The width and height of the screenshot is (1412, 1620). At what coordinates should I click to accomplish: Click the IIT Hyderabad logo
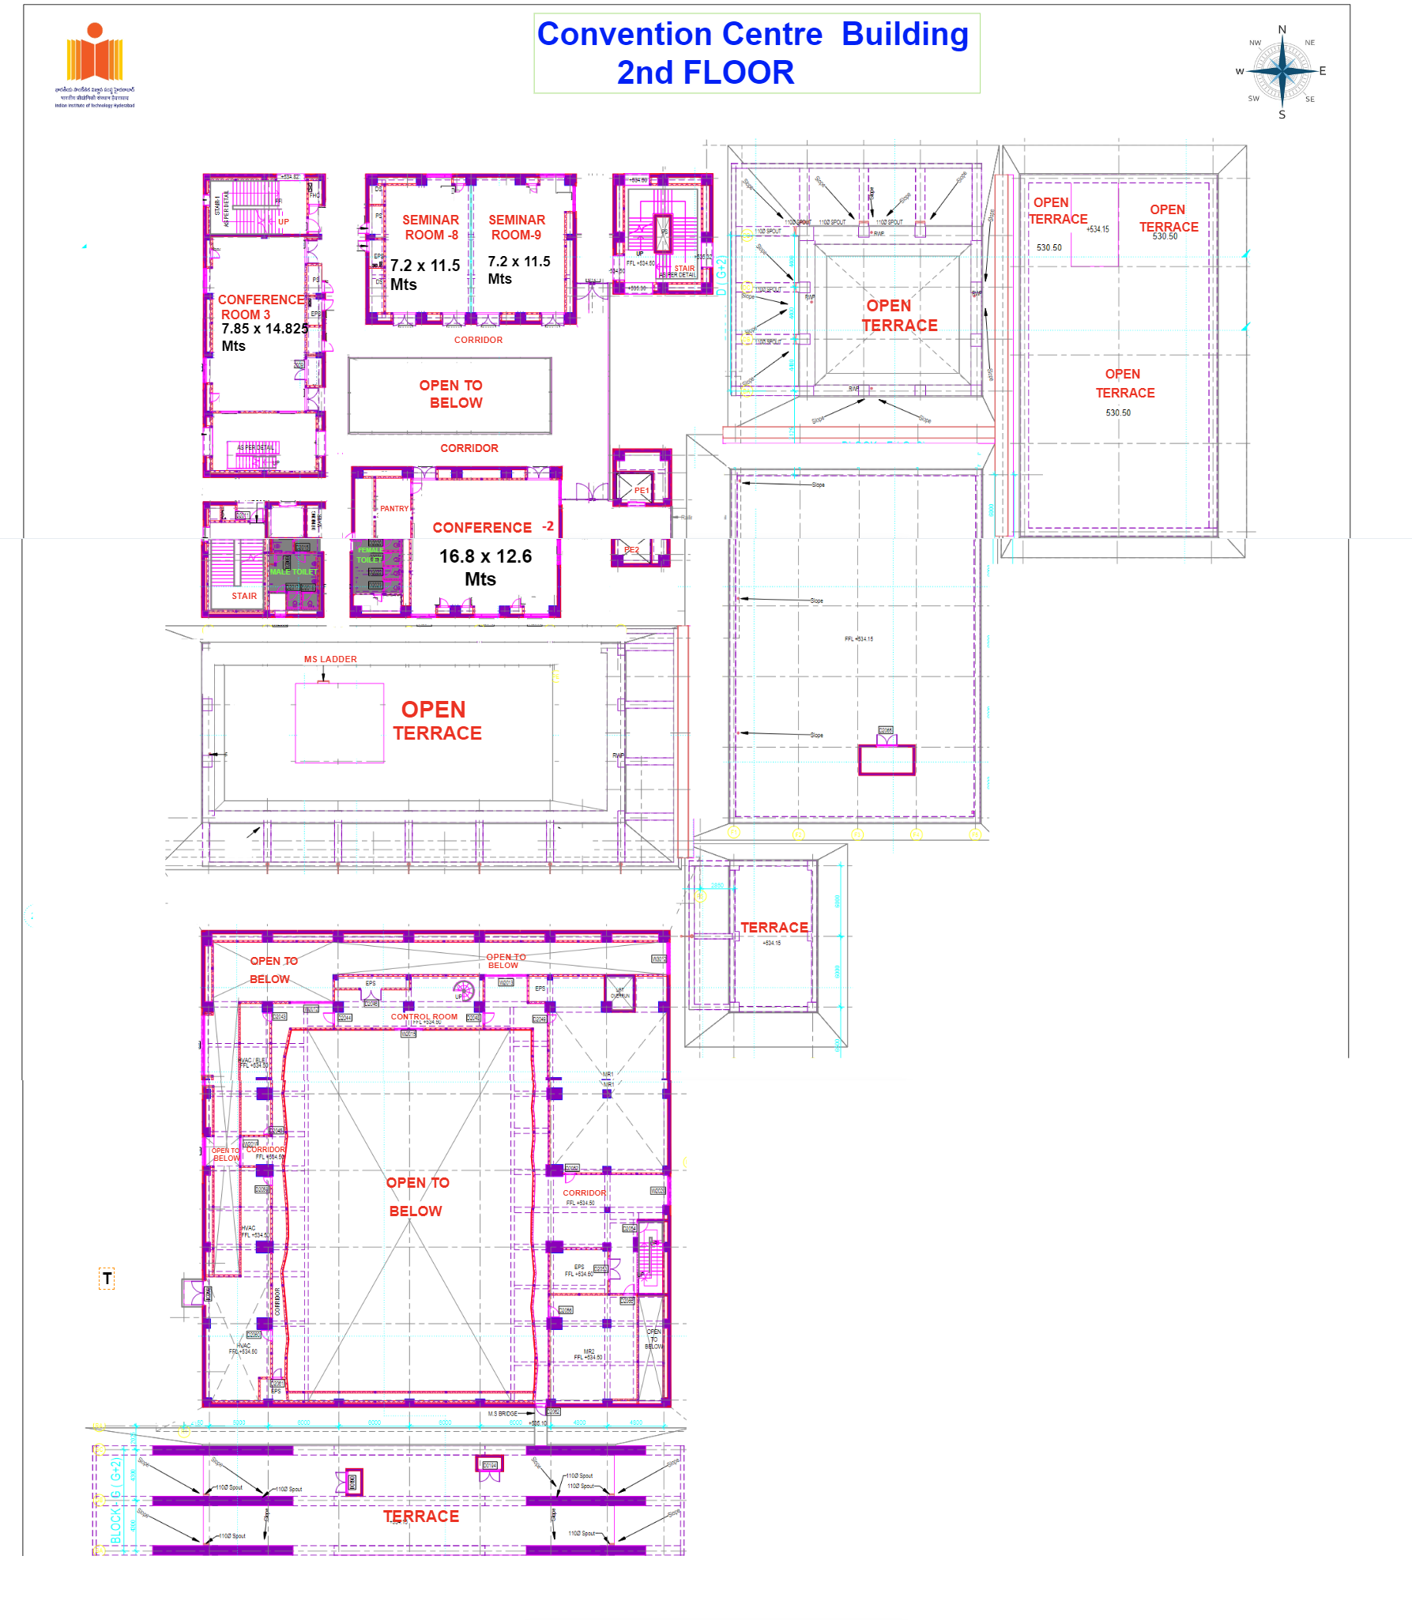[95, 63]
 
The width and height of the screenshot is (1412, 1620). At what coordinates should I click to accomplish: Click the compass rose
[1282, 71]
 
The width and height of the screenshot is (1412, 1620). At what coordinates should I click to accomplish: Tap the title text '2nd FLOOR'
[705, 73]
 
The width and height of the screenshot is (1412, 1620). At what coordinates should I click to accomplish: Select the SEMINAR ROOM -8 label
[431, 228]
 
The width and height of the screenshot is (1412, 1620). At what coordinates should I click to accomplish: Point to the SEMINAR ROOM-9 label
[517, 228]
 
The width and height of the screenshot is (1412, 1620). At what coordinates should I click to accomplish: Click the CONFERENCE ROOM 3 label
[260, 307]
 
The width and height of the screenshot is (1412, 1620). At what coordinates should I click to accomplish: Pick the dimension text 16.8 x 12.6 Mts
[484, 567]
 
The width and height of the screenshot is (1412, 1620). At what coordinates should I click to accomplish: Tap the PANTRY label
[394, 509]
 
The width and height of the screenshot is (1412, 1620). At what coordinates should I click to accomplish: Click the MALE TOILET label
[293, 571]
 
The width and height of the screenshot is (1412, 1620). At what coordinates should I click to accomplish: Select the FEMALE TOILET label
[370, 555]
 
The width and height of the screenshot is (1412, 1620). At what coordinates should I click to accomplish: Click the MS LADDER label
[330, 659]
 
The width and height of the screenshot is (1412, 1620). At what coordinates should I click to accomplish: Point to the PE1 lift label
[642, 491]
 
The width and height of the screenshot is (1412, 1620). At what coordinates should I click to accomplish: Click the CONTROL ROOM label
[424, 1017]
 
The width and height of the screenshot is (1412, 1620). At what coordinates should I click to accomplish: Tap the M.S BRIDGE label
[503, 1414]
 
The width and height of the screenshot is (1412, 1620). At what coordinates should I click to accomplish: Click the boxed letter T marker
[107, 1278]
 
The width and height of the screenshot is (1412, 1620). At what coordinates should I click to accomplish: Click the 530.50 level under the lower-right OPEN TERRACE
[1118, 413]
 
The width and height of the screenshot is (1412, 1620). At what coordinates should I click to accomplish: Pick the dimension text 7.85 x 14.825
[265, 329]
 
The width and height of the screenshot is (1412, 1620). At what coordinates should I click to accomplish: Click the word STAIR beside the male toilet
[244, 596]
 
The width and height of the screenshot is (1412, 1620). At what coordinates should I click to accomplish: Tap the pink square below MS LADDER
[340, 722]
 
